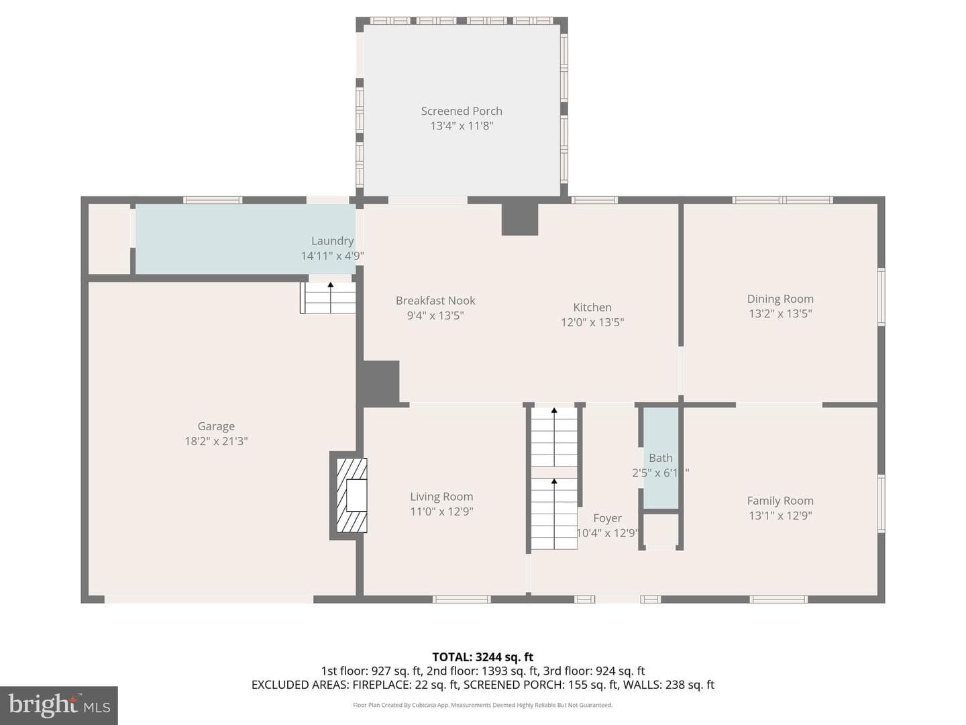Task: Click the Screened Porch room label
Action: pyautogui.click(x=462, y=111)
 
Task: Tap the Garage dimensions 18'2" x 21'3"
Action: pyautogui.click(x=216, y=441)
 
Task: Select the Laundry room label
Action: pyautogui.click(x=332, y=241)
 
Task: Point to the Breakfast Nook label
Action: pyautogui.click(x=435, y=301)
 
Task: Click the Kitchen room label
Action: pyautogui.click(x=592, y=307)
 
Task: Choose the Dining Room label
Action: pyautogui.click(x=780, y=299)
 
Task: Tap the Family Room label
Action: pyautogui.click(x=780, y=501)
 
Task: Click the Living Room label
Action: pyautogui.click(x=441, y=497)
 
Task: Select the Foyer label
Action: pyautogui.click(x=607, y=518)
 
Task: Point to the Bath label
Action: pyautogui.click(x=661, y=458)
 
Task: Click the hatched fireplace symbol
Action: pyautogui.click(x=352, y=495)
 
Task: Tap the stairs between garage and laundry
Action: pyautogui.click(x=328, y=297)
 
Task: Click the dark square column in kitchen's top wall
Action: pyautogui.click(x=520, y=220)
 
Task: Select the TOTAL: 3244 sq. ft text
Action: pyautogui.click(x=483, y=657)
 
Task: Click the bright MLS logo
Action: pyautogui.click(x=59, y=706)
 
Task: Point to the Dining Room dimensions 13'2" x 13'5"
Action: pyautogui.click(x=780, y=313)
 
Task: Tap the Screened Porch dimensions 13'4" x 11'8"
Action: pyautogui.click(x=462, y=126)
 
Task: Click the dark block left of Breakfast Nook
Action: pyautogui.click(x=380, y=382)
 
